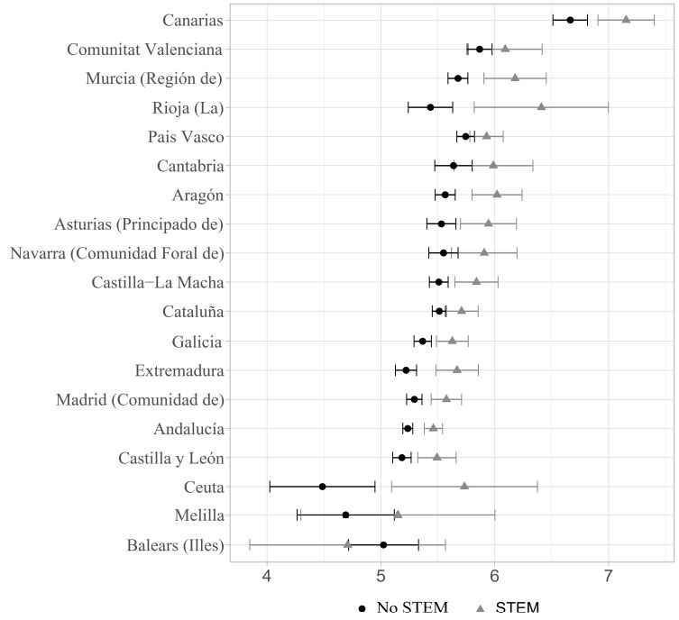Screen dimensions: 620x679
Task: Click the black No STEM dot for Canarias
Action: click(570, 20)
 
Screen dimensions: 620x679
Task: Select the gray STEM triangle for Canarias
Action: click(626, 19)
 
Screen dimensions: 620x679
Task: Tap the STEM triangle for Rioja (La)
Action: click(541, 106)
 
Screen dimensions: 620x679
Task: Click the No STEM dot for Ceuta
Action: click(322, 487)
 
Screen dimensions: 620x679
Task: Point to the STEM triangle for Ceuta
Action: click(464, 486)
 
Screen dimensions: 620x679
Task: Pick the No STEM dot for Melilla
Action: click(345, 515)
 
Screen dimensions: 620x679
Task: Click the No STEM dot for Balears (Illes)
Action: click(383, 545)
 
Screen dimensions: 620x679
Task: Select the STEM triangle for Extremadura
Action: click(457, 369)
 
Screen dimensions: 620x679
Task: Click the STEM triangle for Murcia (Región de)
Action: click(515, 77)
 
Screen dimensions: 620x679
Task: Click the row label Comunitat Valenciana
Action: click(145, 49)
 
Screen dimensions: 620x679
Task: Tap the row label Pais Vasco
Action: click(186, 136)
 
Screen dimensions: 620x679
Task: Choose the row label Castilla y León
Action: click(170, 458)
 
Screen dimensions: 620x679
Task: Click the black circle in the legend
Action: click(362, 608)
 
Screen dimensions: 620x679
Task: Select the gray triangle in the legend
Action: click(481, 608)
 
